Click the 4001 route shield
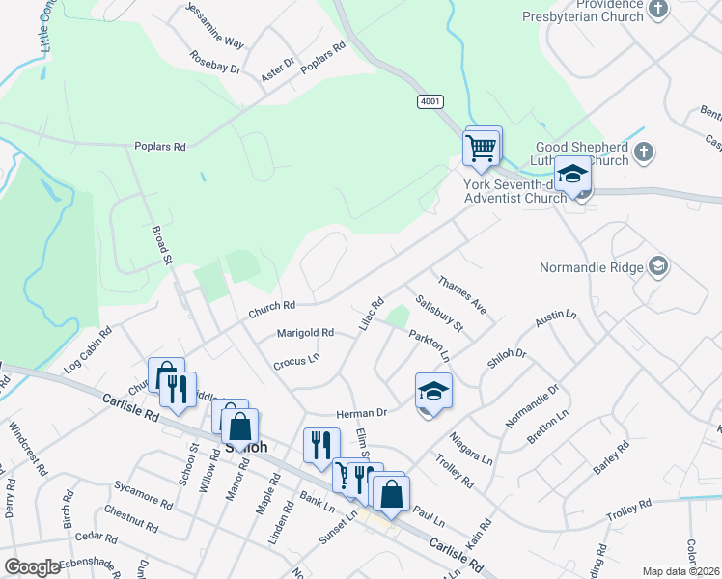coord(430,100)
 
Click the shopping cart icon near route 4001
coord(482,149)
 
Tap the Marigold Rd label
coord(305,333)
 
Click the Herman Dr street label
coord(361,413)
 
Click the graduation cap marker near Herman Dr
coord(433,392)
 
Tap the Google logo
coord(32,566)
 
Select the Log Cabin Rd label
coord(89,354)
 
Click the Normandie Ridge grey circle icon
coord(658,265)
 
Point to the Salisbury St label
coord(440,314)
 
